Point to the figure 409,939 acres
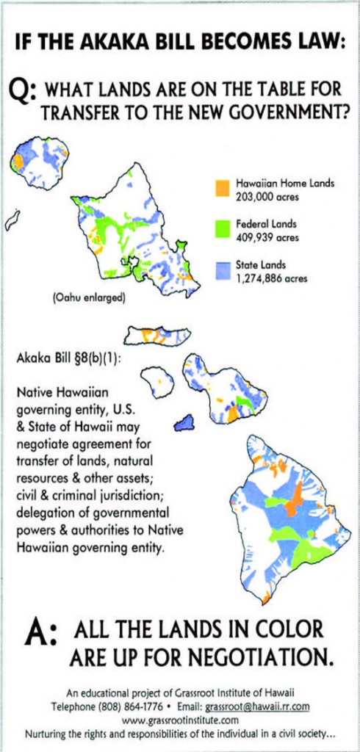coord(267,238)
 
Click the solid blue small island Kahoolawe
coord(184,423)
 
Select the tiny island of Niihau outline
coord(12,220)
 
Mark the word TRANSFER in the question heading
coord(77,113)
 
